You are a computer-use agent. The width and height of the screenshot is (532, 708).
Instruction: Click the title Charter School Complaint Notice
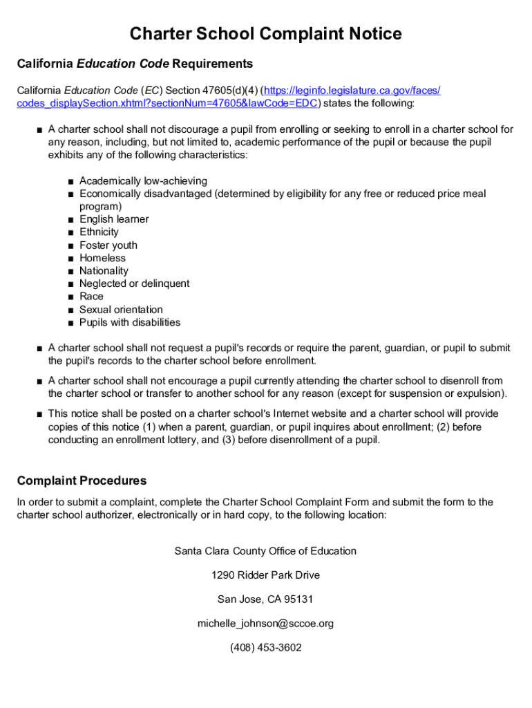tap(266, 34)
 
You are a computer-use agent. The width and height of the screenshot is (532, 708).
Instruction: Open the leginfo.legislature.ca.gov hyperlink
tap(351, 91)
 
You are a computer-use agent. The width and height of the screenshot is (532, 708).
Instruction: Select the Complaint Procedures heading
tap(82, 481)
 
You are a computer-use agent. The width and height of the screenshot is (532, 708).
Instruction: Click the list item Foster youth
tap(108, 245)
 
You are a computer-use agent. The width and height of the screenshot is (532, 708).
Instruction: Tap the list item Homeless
tap(103, 258)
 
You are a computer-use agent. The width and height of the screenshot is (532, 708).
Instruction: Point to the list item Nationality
tap(104, 270)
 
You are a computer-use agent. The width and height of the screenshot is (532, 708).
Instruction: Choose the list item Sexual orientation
tap(121, 309)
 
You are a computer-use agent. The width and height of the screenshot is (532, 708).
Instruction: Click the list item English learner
tap(114, 219)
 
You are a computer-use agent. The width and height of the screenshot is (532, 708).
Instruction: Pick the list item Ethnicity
tap(99, 232)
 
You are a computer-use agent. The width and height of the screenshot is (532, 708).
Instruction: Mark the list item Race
tap(91, 296)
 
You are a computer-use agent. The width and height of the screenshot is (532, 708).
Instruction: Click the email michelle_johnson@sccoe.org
tap(265, 624)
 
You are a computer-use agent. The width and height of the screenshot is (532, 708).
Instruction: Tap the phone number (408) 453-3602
tap(265, 648)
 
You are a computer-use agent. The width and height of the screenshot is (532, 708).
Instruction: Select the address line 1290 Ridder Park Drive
tap(265, 575)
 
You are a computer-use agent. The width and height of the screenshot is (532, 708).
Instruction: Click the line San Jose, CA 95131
tap(265, 599)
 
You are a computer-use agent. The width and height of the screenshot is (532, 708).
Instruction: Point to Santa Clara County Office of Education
tap(265, 551)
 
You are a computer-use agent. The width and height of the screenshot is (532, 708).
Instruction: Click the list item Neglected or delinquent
tap(134, 283)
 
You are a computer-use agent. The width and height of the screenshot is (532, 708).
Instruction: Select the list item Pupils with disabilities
tap(130, 322)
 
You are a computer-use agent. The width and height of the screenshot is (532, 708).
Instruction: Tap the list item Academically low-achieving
tap(143, 181)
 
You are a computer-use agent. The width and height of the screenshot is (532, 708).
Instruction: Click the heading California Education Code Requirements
tap(135, 64)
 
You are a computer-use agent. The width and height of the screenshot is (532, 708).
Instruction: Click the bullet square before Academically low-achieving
tap(71, 182)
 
